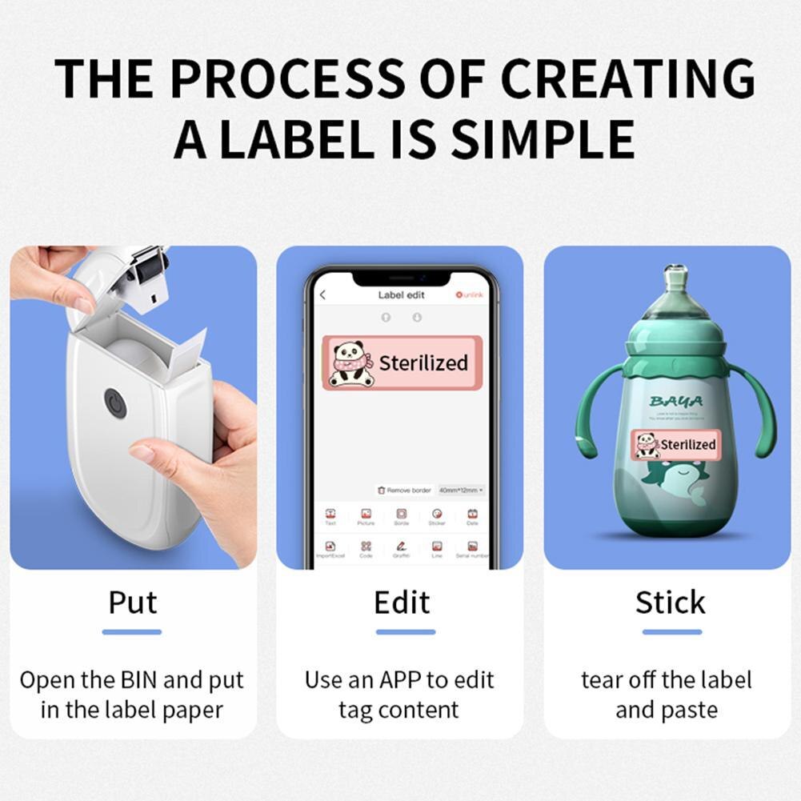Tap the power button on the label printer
[x=115, y=403]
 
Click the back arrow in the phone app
[x=322, y=295]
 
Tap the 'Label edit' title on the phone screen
[x=401, y=295]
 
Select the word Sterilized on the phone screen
[x=423, y=363]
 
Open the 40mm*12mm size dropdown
[x=460, y=490]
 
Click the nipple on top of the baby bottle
[x=676, y=276]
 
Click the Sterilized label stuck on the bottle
[x=675, y=444]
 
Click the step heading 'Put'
[x=133, y=603]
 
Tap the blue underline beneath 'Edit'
[x=405, y=632]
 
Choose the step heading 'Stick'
[x=671, y=603]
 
